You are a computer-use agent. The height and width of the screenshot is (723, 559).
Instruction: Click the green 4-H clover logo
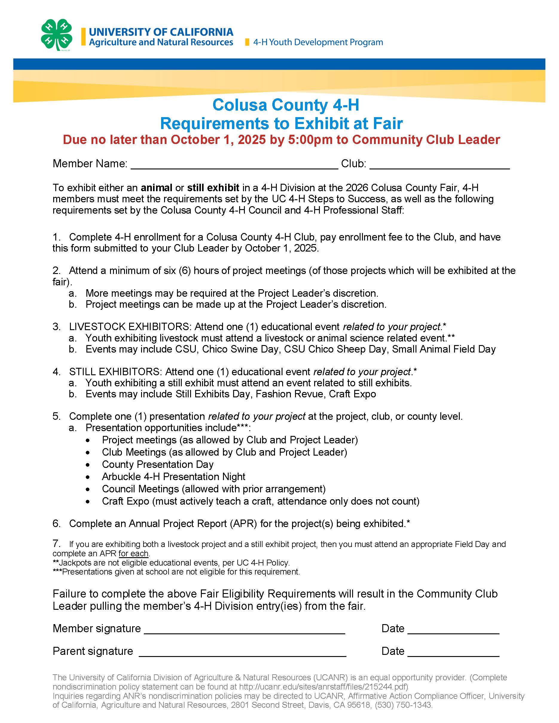click(56, 35)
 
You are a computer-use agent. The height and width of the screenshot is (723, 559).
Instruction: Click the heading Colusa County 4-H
click(285, 105)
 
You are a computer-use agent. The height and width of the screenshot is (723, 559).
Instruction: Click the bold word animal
click(156, 188)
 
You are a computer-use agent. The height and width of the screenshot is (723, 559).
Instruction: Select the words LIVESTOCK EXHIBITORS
click(129, 327)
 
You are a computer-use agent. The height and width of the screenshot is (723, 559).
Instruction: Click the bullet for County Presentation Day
click(88, 465)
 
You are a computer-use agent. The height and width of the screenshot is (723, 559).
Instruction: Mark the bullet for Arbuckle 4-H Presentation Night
click(88, 477)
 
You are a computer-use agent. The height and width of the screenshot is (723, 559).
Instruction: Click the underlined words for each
click(133, 554)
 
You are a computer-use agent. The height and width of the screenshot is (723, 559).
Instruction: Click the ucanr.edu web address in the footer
click(323, 687)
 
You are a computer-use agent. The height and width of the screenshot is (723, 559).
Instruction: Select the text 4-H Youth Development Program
click(318, 42)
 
